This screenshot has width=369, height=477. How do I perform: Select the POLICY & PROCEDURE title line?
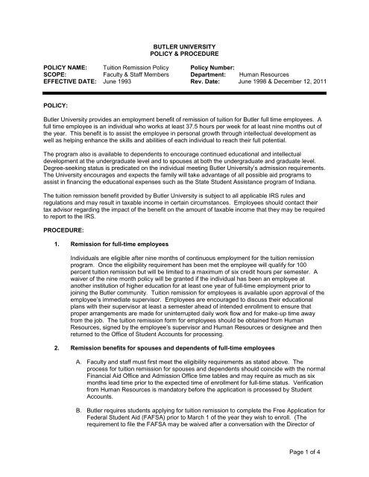(184, 54)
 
